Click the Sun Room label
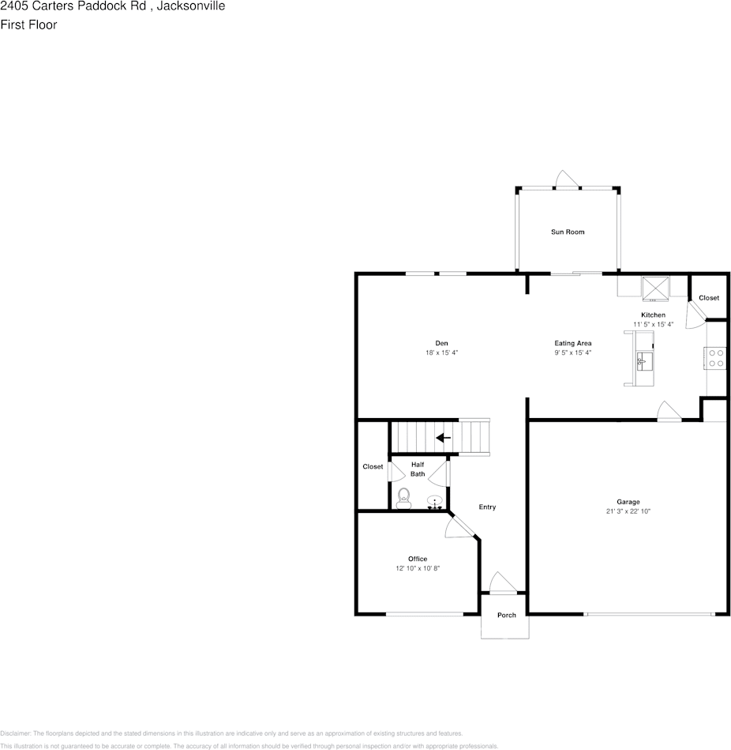(568, 232)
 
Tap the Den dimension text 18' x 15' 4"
(441, 352)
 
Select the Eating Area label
(573, 343)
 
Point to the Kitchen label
(653, 315)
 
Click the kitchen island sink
(643, 362)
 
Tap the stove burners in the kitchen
(716, 358)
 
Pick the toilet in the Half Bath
(404, 497)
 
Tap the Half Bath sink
(434, 501)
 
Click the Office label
(418, 559)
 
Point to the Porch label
(506, 615)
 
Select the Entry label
(488, 507)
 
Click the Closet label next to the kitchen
(709, 298)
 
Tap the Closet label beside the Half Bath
(373, 466)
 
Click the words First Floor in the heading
(28, 24)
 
